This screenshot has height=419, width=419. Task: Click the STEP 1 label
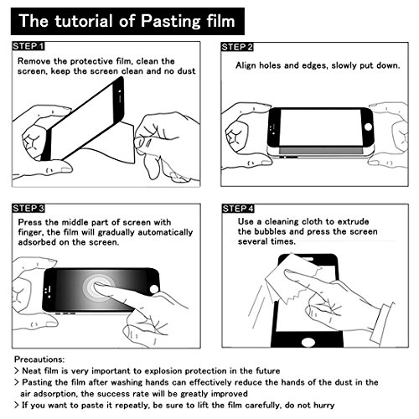coord(28,46)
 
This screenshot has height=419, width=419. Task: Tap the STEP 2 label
coord(237,47)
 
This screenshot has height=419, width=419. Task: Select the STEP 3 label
coord(28,209)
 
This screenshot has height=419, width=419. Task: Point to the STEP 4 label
coord(238,209)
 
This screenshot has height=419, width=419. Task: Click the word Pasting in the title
coord(171,22)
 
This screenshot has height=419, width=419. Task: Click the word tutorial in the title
coord(85,21)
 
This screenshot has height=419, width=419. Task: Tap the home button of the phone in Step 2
coord(369,127)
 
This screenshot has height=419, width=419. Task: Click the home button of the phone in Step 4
coord(308,342)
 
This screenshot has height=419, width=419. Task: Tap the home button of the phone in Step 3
coord(154,289)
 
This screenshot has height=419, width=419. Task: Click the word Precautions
coord(39,359)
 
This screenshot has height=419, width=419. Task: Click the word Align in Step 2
coord(246,65)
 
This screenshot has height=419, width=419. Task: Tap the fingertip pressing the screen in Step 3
coord(98,286)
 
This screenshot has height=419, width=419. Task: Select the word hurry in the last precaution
coord(323,406)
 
